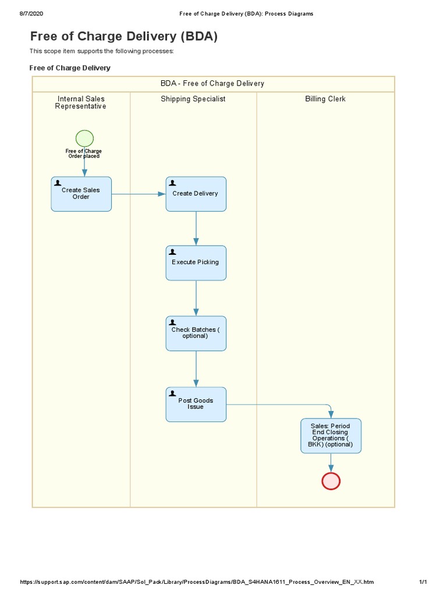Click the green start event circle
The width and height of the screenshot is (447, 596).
coord(84,139)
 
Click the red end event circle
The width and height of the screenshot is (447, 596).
coord(331,481)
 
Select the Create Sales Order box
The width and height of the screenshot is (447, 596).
coord(81,194)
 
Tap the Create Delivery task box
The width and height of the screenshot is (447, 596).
coord(196,194)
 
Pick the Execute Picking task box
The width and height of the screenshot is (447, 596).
coord(196,262)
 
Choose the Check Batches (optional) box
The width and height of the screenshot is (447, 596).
coord(196,333)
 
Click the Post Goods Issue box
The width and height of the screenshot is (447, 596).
coord(196,404)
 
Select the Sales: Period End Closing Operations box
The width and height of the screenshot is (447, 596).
coord(331,436)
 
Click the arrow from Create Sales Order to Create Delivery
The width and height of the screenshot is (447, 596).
coord(139,194)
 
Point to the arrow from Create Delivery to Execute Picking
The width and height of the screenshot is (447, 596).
coord(196,228)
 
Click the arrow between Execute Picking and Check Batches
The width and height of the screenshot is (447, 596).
coord(196,298)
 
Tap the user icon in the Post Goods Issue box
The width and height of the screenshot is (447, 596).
coord(172,393)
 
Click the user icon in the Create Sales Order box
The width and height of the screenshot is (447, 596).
coord(58,183)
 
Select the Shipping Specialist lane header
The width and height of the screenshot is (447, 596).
coord(193,99)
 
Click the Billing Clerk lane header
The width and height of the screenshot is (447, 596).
coord(325,99)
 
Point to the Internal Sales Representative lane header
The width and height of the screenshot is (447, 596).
coord(81,102)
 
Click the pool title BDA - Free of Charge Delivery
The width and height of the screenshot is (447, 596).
coord(212,84)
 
